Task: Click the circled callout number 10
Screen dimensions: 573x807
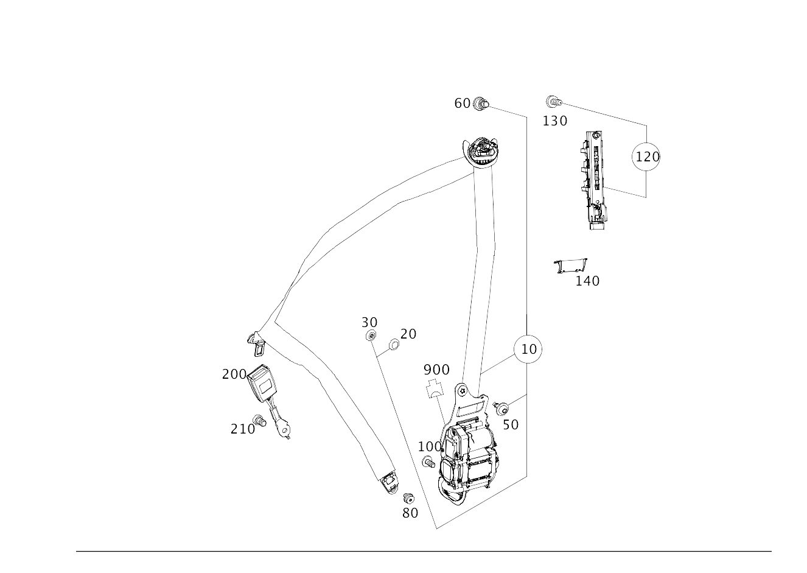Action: (529, 349)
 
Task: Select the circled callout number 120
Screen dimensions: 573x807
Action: (646, 156)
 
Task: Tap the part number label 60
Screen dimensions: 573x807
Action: (462, 104)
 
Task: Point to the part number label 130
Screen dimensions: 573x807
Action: (554, 121)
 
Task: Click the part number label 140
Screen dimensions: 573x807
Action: (587, 281)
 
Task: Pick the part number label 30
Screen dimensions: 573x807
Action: (369, 322)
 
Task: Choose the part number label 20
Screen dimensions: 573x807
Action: (408, 334)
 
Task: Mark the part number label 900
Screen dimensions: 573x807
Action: (436, 370)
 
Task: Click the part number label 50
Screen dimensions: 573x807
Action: (511, 424)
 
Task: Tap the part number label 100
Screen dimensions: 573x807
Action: (430, 446)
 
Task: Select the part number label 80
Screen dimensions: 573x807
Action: (410, 513)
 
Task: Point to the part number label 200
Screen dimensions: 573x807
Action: (234, 374)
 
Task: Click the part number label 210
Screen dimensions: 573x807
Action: (242, 429)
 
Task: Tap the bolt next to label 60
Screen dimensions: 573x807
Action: (480, 104)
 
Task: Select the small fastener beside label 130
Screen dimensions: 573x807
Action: (553, 102)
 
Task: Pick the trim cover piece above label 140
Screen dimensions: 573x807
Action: (571, 265)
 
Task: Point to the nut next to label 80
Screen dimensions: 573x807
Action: (408, 497)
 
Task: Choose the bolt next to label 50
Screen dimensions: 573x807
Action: (501, 409)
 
